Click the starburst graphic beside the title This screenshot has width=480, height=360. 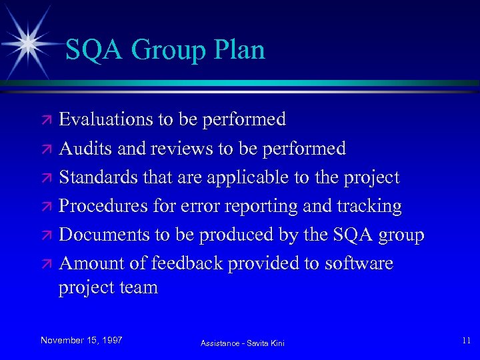pyautogui.click(x=28, y=41)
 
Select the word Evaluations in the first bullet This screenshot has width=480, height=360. pyautogui.click(x=107, y=119)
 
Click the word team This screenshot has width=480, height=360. pyautogui.click(x=138, y=288)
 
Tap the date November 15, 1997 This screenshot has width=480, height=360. pyautogui.click(x=81, y=340)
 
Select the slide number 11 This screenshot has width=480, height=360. pyautogui.click(x=465, y=341)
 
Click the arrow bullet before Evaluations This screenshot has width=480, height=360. pyautogui.click(x=47, y=121)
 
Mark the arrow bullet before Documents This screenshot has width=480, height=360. pyautogui.click(x=47, y=236)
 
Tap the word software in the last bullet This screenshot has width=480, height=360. pyautogui.click(x=359, y=263)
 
